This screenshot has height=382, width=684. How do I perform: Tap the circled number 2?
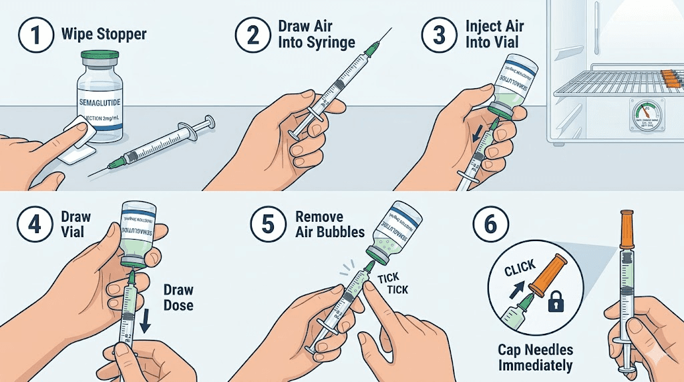pyautogui.click(x=254, y=34)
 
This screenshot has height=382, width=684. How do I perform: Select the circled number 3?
pyautogui.click(x=439, y=34)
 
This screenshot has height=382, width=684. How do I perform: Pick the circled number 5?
pyautogui.click(x=268, y=224)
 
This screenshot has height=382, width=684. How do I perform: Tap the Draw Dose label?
pyautogui.click(x=178, y=297)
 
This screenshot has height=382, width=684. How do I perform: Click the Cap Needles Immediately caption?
pyautogui.click(x=536, y=357)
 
